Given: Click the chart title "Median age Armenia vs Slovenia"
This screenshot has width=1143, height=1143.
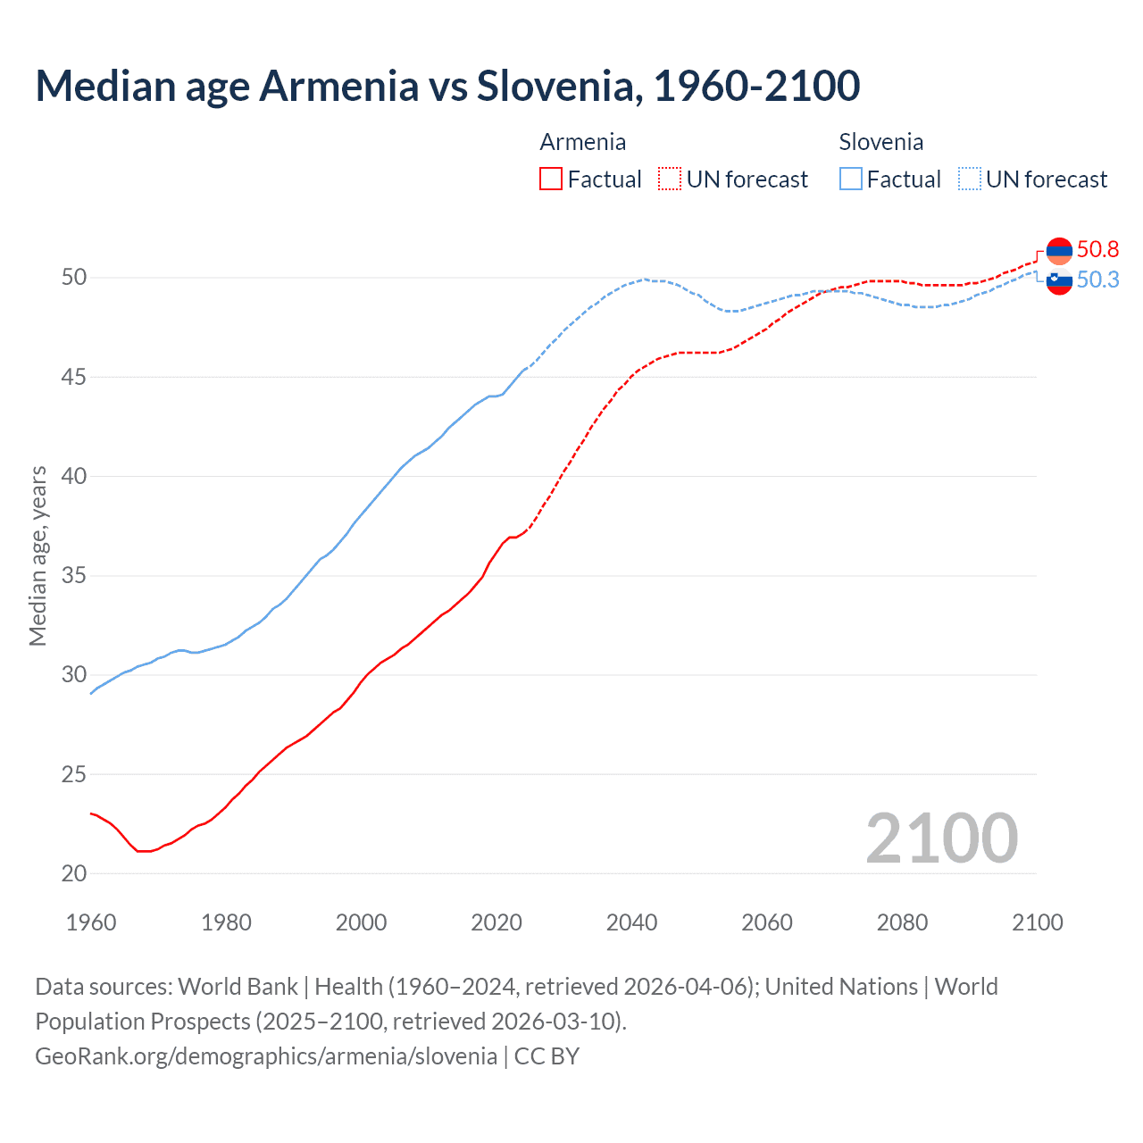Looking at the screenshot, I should click(446, 86).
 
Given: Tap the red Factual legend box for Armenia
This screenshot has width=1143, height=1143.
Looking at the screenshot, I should click(551, 179).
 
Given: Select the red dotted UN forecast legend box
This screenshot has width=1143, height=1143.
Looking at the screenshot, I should click(670, 179).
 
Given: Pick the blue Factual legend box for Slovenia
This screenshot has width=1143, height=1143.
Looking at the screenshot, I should click(851, 179).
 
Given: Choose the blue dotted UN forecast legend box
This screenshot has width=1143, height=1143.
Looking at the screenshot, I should click(970, 179).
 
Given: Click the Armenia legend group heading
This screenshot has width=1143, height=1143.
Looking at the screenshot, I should click(582, 142).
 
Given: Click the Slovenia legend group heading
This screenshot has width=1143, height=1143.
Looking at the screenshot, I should click(880, 142).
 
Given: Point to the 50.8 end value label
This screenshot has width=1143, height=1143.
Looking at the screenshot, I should click(1097, 249).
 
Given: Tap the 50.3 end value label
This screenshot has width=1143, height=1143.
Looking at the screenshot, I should click(1097, 279).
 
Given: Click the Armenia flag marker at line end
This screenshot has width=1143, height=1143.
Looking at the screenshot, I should click(1059, 251).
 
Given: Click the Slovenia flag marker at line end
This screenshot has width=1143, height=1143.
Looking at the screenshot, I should click(1059, 280).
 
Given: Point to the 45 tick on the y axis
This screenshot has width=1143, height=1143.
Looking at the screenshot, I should click(74, 377).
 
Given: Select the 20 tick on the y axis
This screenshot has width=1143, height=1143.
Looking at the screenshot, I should click(74, 873).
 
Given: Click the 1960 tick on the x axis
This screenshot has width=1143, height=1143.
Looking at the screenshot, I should click(91, 922).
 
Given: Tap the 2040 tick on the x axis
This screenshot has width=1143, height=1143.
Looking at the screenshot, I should click(631, 922).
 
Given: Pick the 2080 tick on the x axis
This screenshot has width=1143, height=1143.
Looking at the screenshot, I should click(902, 922).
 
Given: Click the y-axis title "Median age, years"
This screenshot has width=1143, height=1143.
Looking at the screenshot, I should click(38, 555).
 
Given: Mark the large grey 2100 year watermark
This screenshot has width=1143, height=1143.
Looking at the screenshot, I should click(941, 838).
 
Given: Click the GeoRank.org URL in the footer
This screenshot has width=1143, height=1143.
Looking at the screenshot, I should click(266, 1055).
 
